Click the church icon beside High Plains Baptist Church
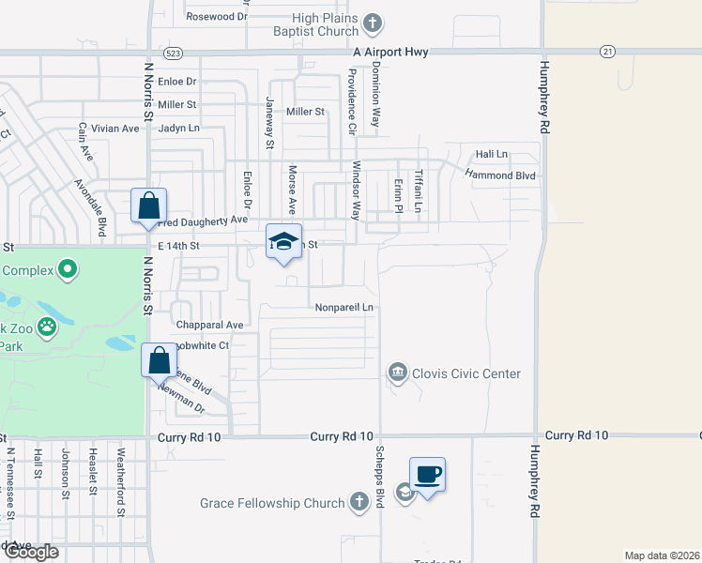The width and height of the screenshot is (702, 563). tap(373, 23)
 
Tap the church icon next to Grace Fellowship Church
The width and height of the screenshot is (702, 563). tap(358, 503)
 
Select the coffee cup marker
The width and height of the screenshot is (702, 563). tap(427, 475)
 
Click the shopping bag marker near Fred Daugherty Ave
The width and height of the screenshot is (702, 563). tap(149, 205)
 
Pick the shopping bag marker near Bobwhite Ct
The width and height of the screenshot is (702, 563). tap(159, 360)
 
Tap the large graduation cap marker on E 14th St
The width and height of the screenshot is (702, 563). tap(283, 242)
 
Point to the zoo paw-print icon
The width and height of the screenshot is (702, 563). tap(48, 328)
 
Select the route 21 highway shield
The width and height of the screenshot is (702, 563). tap(609, 53)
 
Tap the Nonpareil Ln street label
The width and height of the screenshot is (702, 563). tap(344, 307)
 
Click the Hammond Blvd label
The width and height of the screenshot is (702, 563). tap(502, 175)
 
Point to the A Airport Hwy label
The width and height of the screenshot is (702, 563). tap(390, 53)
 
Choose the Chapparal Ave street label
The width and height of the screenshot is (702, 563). tap(209, 325)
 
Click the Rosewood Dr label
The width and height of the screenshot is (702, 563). tap(216, 17)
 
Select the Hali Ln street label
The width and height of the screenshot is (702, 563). tap(491, 154)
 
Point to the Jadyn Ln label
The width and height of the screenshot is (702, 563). tap(179, 128)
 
